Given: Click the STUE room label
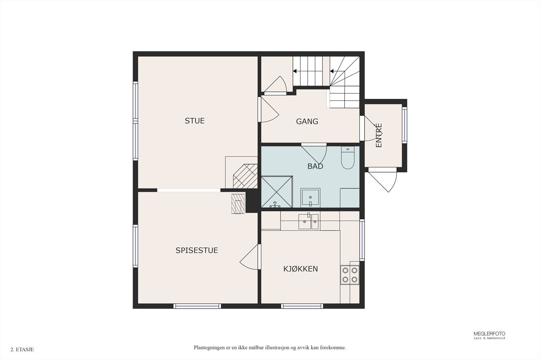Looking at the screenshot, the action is tap(194, 121).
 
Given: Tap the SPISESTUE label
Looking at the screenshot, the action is tap(197, 250).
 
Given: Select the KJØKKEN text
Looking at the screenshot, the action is tap(300, 269).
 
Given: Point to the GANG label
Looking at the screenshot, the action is tap(307, 121).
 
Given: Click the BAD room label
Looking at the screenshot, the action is tap(315, 166).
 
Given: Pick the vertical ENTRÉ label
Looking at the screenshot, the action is tap(379, 135).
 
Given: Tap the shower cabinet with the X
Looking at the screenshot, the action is tap(277, 192).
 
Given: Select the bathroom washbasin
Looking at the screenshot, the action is tap(310, 198).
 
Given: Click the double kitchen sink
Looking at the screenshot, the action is tap(308, 221).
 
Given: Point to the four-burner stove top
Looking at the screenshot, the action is tap(350, 275).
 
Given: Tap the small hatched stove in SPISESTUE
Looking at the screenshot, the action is tap(238, 203).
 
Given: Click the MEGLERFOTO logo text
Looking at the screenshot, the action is tap(489, 334).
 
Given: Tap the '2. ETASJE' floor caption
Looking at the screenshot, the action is tap(22, 350).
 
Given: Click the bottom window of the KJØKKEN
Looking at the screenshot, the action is tap(302, 306).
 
